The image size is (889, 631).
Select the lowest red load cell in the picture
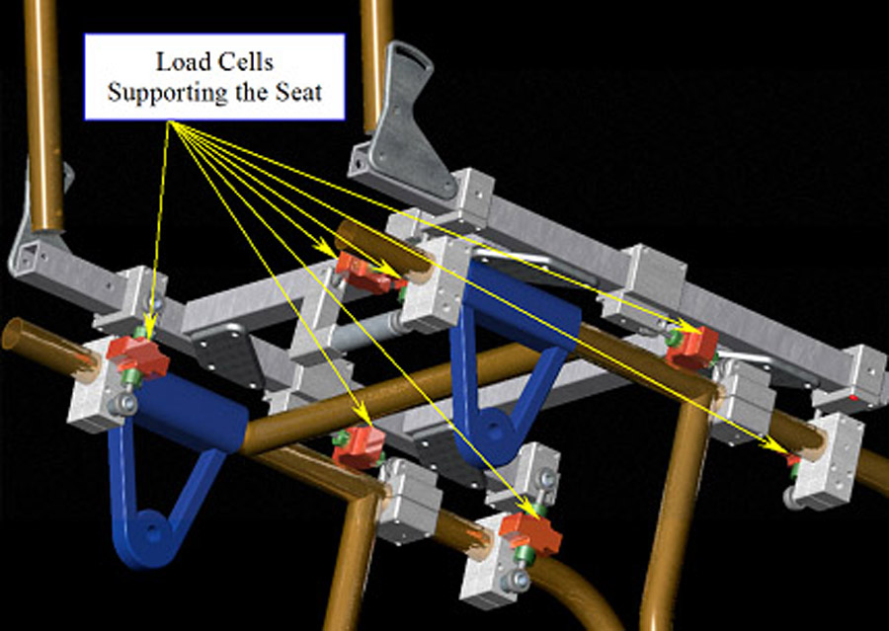pos(529,533)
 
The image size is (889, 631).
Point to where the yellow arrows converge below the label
pos(171,122)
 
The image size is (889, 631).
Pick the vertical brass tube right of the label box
pos(376,59)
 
